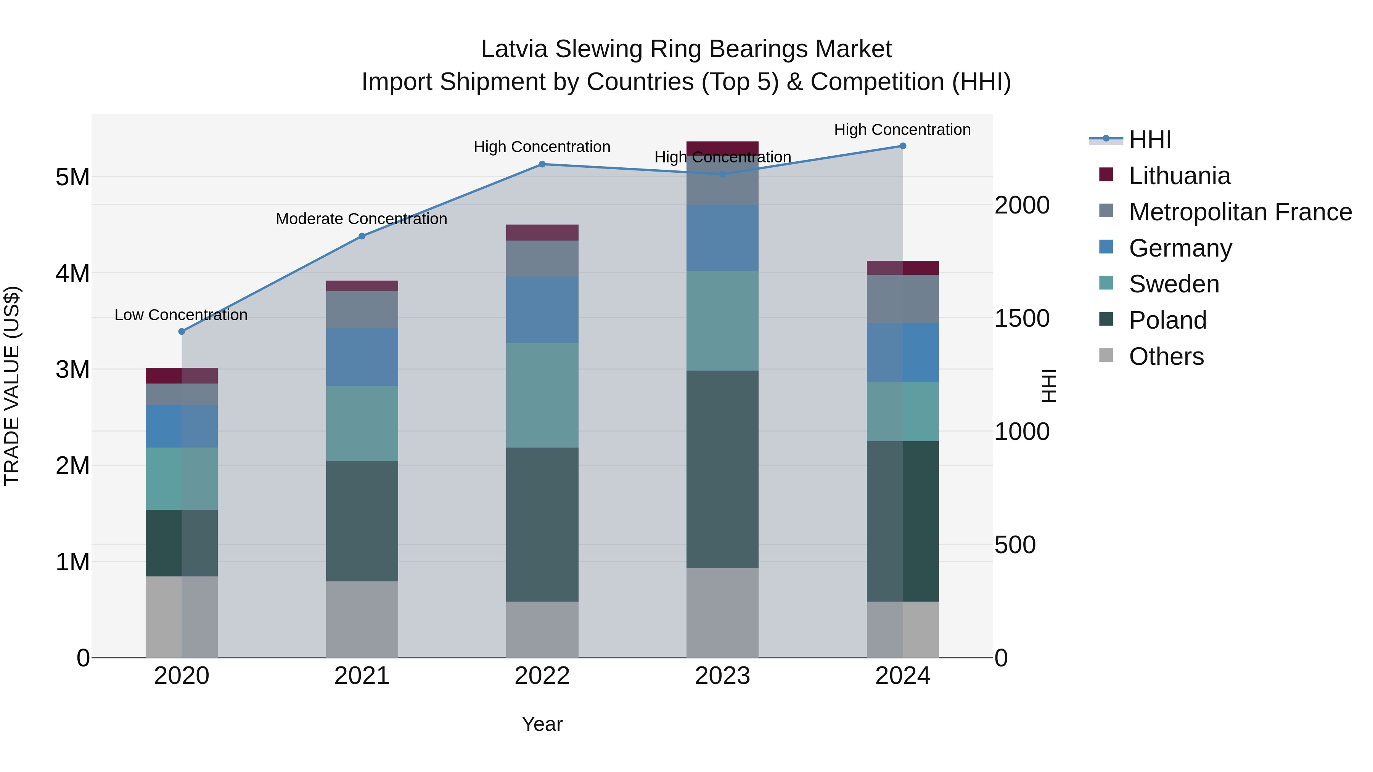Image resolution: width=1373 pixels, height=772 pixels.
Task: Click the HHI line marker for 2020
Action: tap(182, 331)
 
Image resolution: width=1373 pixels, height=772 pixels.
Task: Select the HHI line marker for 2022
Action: tap(542, 164)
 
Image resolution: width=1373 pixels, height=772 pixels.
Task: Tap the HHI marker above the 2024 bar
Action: tap(903, 146)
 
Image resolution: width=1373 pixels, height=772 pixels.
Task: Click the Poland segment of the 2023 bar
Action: tap(722, 469)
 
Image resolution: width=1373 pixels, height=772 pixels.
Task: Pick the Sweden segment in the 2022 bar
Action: tap(542, 395)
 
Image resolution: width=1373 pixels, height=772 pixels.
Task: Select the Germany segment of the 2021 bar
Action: tap(362, 357)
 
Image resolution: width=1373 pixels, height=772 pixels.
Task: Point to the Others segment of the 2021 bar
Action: tap(362, 619)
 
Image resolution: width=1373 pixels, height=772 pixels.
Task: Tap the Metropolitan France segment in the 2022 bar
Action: tap(542, 258)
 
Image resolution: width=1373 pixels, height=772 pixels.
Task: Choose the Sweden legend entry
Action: tap(1173, 284)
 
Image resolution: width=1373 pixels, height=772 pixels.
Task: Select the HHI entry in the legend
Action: tap(1150, 140)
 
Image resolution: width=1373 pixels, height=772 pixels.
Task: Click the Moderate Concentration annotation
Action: tap(362, 219)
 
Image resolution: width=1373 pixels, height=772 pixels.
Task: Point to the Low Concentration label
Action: tap(181, 315)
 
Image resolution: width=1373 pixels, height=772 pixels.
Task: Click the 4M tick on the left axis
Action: tap(72, 273)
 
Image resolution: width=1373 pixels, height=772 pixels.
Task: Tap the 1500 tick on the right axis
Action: tap(1022, 319)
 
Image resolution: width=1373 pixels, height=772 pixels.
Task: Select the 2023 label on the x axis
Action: tap(722, 676)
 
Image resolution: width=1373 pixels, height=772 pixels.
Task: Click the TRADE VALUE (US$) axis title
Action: tap(12, 386)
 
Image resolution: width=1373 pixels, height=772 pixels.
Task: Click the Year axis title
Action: tap(542, 724)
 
